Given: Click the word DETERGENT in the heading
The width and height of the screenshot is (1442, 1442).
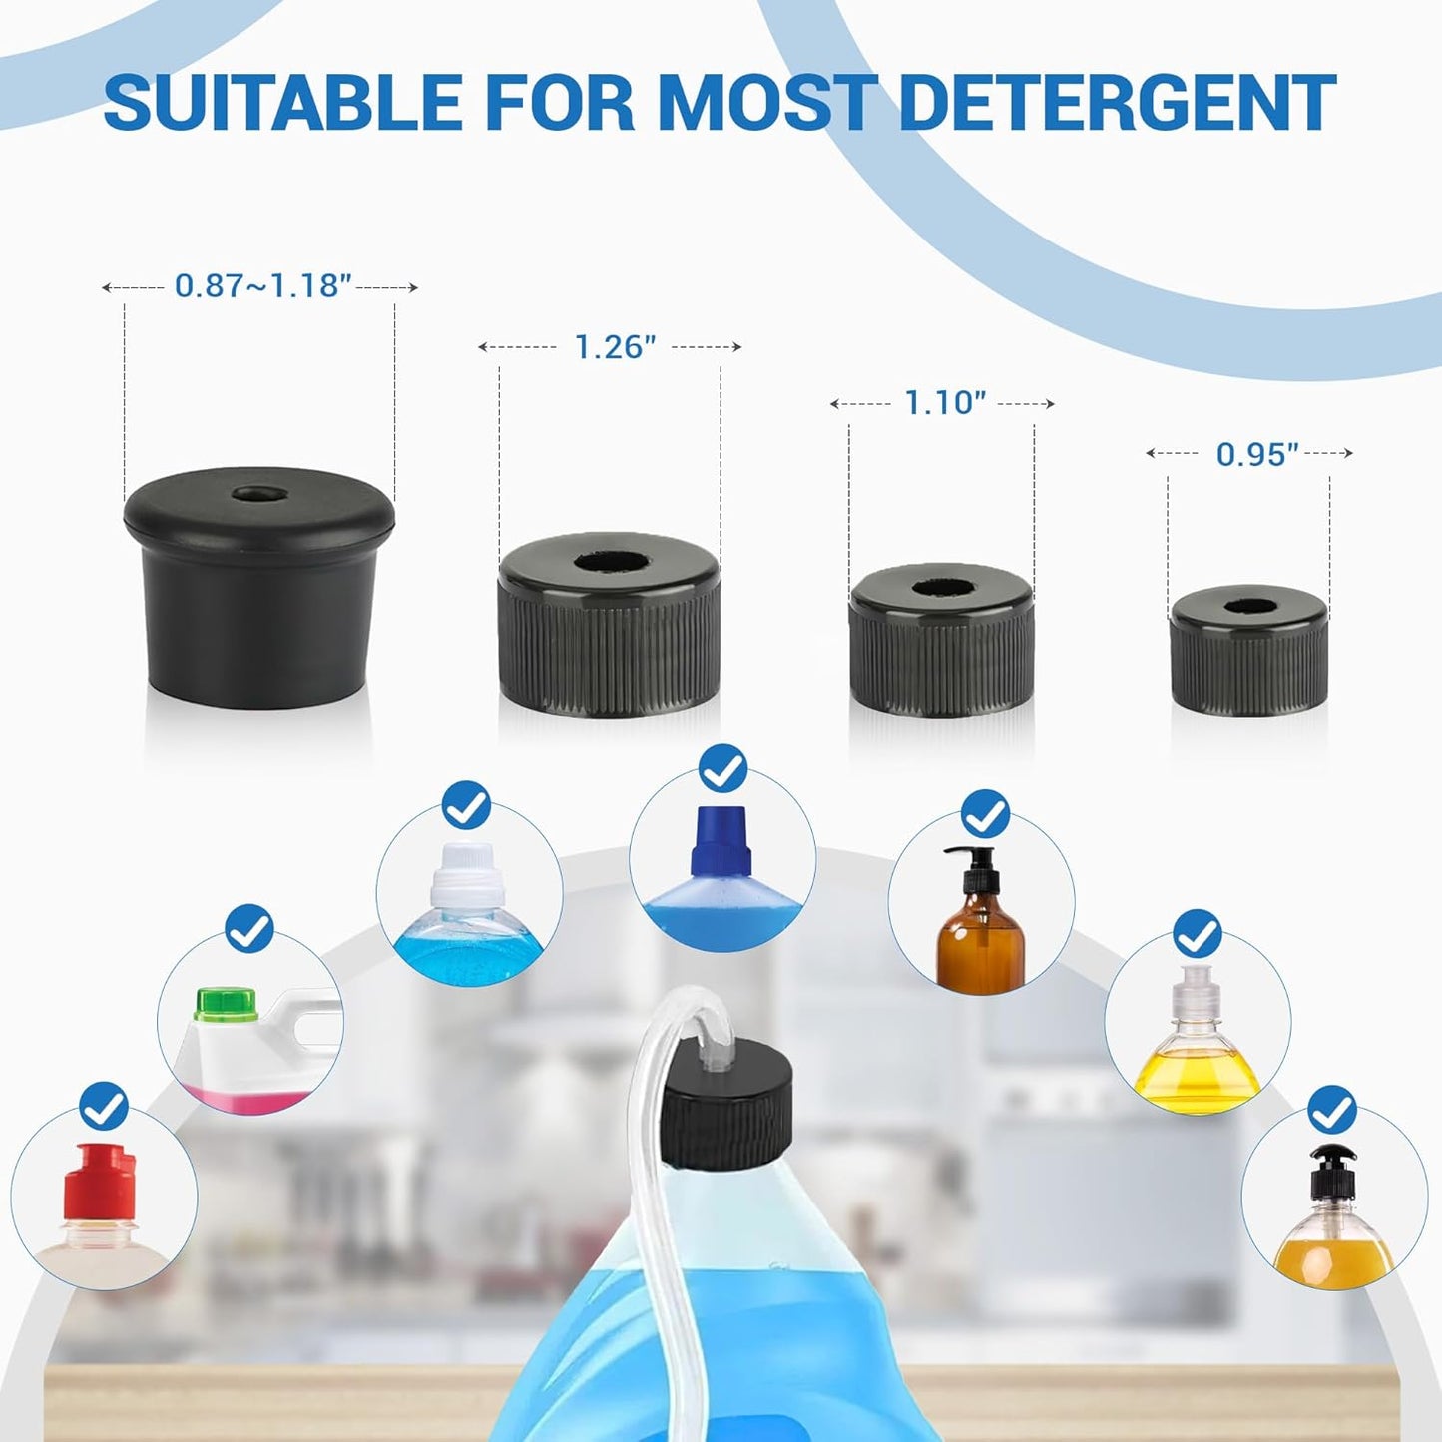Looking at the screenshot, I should tap(1118, 102).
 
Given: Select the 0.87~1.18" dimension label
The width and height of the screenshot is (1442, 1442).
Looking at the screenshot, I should tap(262, 286).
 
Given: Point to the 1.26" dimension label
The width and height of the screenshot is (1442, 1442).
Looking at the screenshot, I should tap(615, 347).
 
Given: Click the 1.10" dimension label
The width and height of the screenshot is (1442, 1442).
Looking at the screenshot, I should tap(944, 403).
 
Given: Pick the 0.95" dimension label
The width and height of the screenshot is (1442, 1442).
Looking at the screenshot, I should tap(1256, 455).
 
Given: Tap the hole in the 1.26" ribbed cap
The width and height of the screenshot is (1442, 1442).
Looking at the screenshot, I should tap(609, 562).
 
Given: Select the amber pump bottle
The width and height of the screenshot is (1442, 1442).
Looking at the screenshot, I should tap(980, 938).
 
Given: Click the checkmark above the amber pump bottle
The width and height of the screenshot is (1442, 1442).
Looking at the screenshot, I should tap(985, 814).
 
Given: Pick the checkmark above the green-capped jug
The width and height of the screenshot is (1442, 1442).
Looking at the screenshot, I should tap(249, 930).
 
